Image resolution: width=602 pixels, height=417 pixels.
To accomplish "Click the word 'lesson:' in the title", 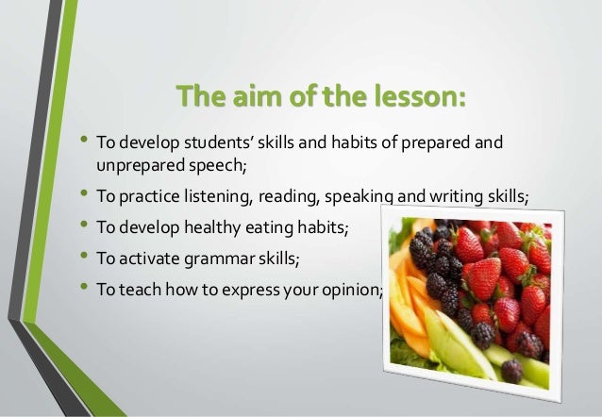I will point(420,97).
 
